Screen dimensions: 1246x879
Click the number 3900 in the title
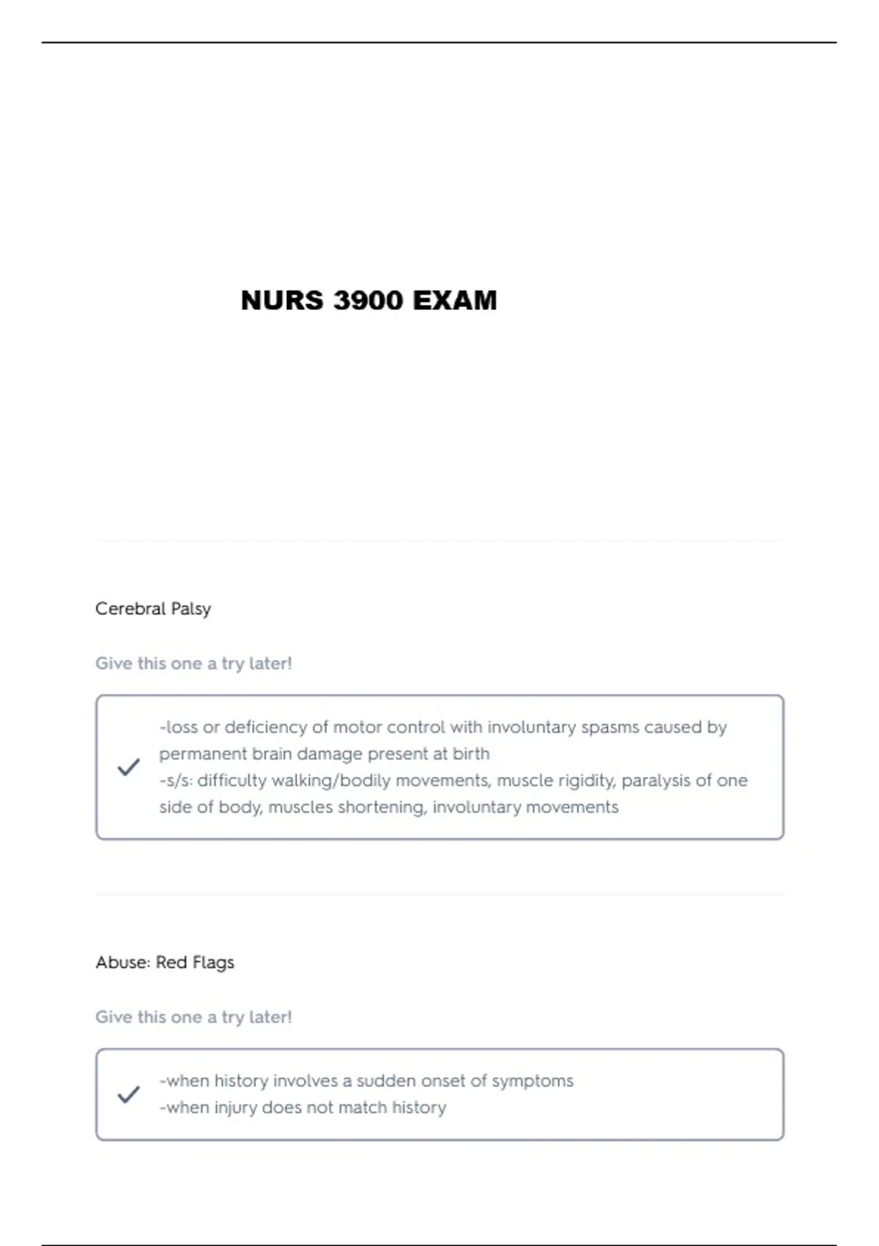(x=368, y=301)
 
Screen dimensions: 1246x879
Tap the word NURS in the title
(x=282, y=301)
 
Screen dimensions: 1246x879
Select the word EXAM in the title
(x=455, y=301)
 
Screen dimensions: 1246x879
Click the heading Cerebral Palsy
(x=153, y=609)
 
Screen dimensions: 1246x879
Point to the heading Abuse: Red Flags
(x=165, y=962)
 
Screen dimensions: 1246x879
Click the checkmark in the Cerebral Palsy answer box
(x=128, y=767)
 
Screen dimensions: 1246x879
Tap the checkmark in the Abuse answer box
(x=128, y=1094)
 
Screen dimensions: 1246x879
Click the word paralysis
(x=656, y=781)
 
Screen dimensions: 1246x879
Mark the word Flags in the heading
(x=213, y=962)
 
